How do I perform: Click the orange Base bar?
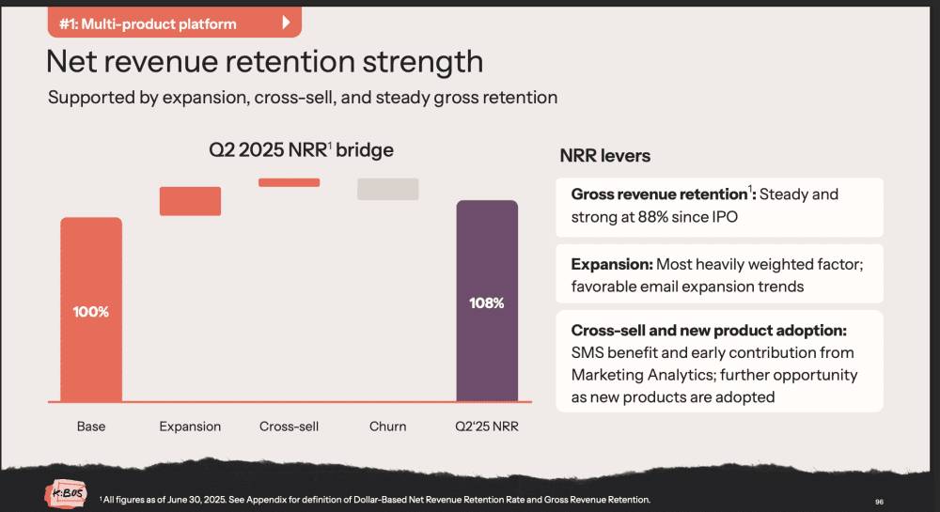[x=91, y=310]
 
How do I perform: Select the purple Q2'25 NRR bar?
[x=487, y=301]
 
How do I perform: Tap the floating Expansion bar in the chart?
[x=190, y=201]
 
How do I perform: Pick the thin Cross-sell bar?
[x=289, y=182]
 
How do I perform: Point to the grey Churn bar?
[x=387, y=188]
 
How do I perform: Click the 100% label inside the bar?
[x=91, y=311]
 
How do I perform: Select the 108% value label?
[x=487, y=303]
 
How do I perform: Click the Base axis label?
[x=91, y=427]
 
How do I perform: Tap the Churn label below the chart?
[x=387, y=427]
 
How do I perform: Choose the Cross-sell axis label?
[x=289, y=427]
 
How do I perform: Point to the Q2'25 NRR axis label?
[x=487, y=427]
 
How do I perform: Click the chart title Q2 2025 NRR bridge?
[x=301, y=150]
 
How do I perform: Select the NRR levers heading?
[x=604, y=156]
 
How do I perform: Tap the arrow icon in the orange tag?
[x=286, y=23]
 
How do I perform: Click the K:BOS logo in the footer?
[x=64, y=494]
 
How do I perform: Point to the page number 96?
[x=879, y=502]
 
